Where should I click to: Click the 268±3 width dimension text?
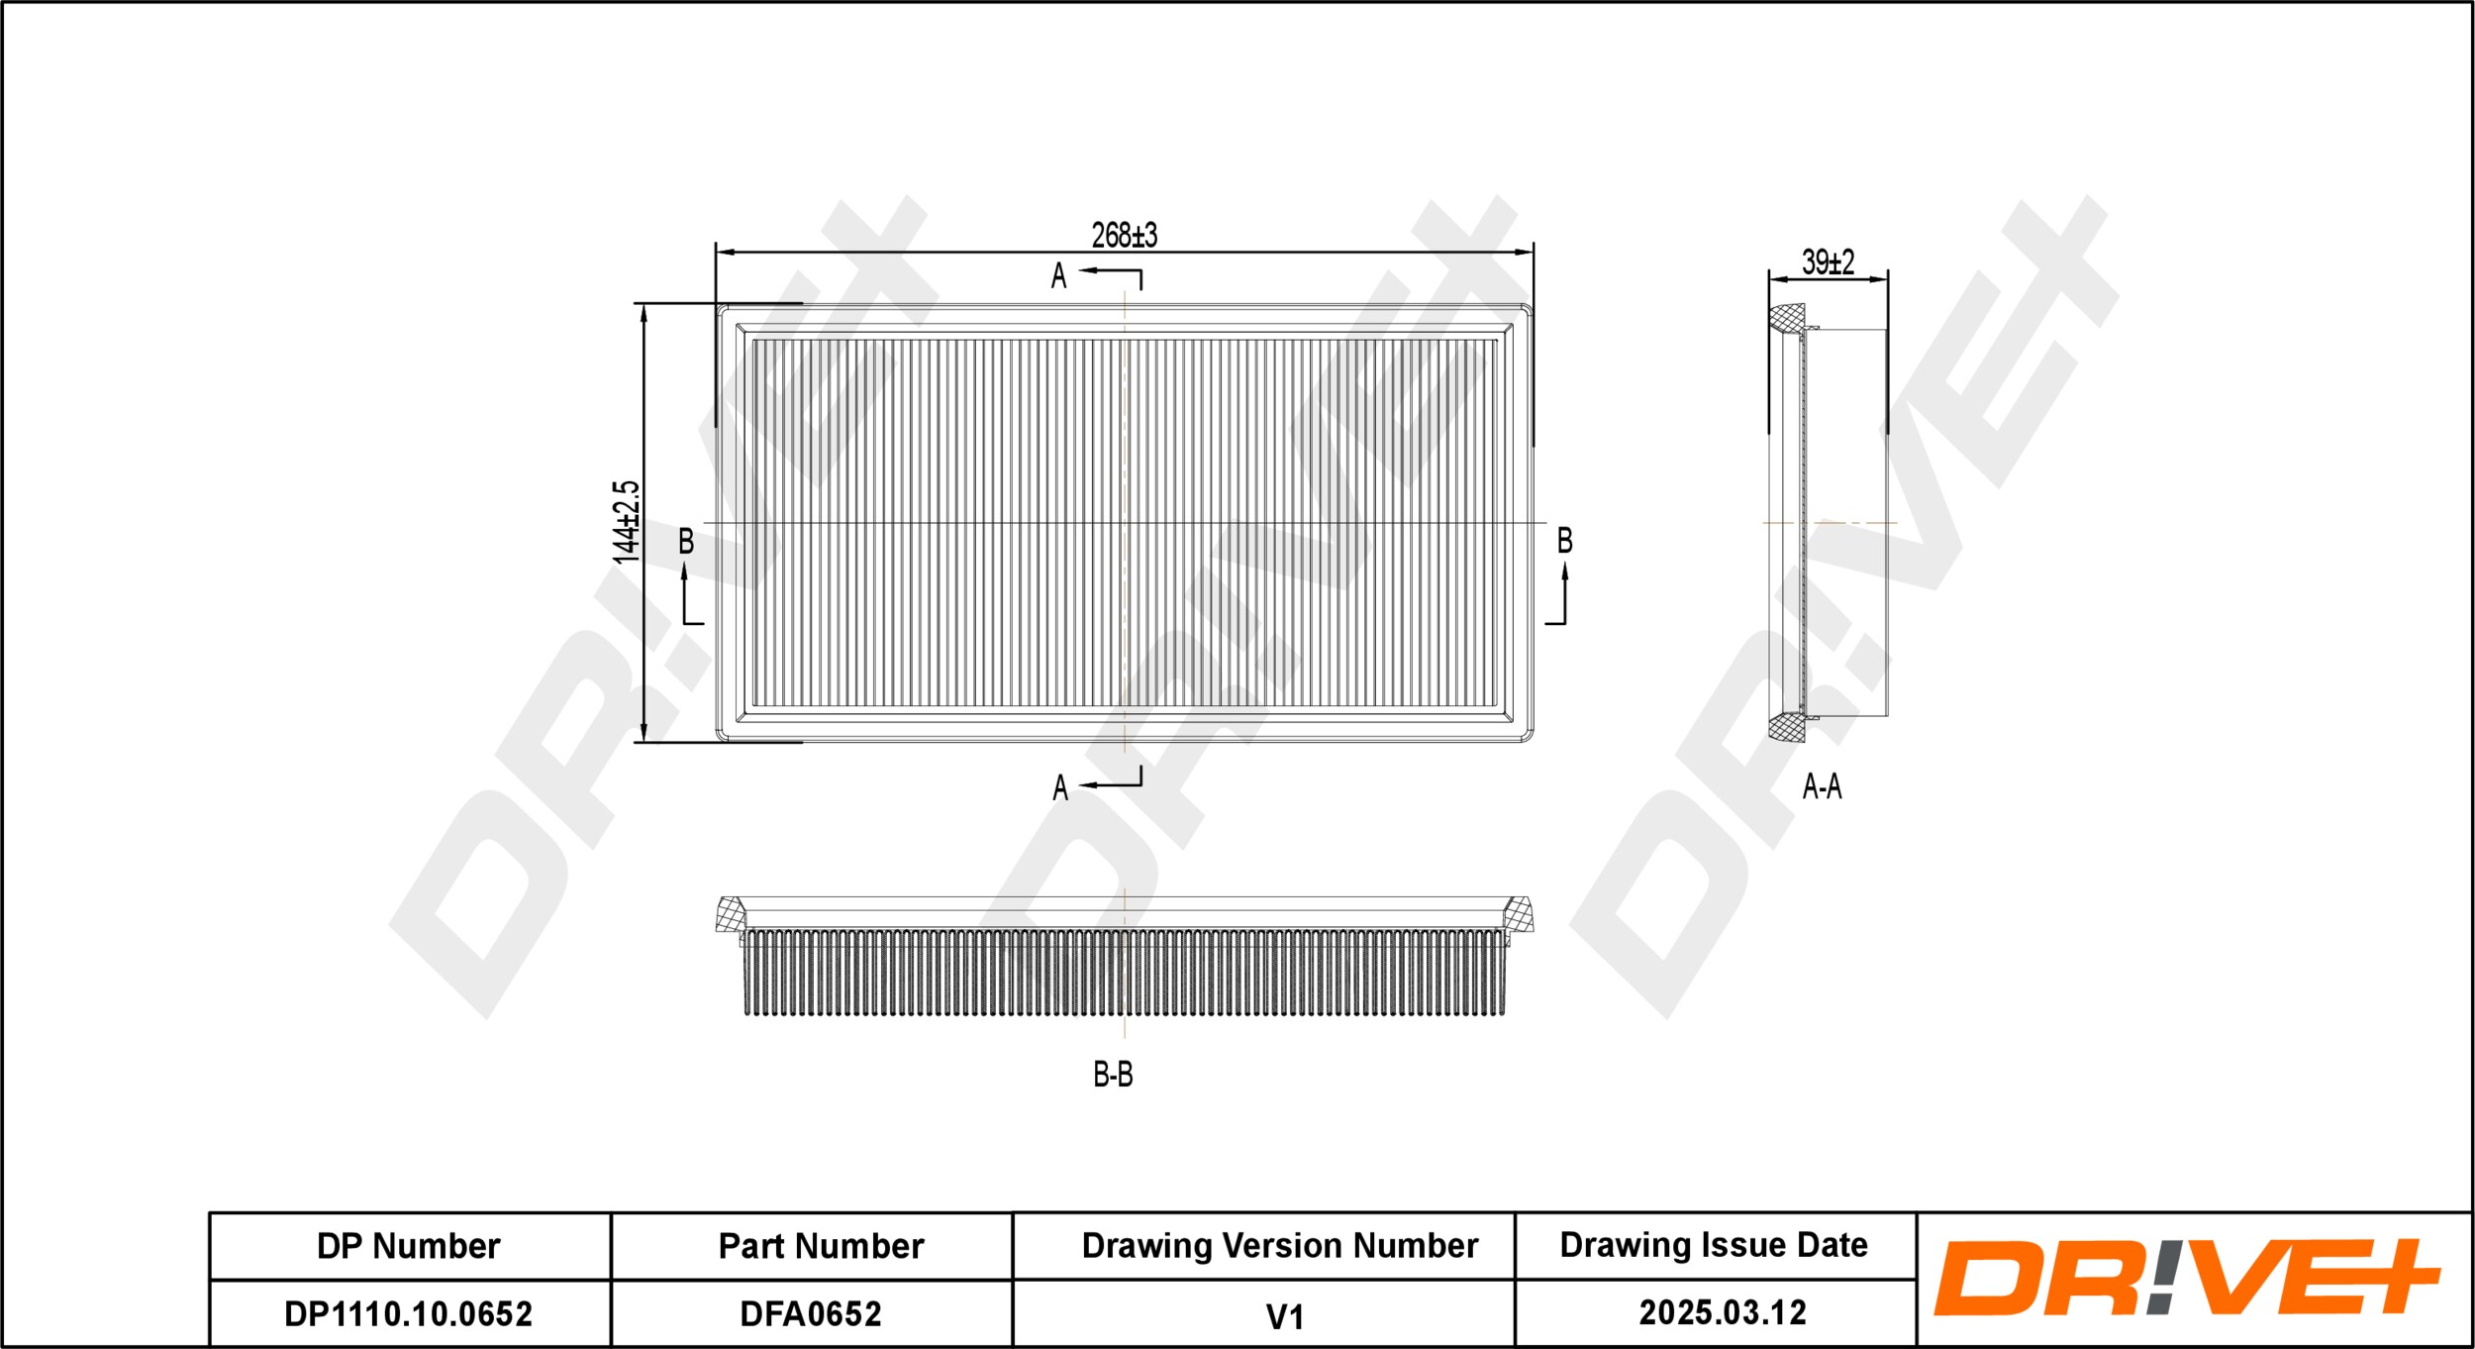pyautogui.click(x=1124, y=236)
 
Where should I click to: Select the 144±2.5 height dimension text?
pyautogui.click(x=627, y=523)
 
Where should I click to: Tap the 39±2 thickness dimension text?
pyautogui.click(x=1828, y=262)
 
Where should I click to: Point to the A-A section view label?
pyautogui.click(x=1822, y=786)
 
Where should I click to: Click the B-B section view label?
pyautogui.click(x=1113, y=1075)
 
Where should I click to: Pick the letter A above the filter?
pyautogui.click(x=1058, y=276)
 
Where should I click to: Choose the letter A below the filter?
pyautogui.click(x=1059, y=788)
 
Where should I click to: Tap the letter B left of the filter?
pyautogui.click(x=685, y=542)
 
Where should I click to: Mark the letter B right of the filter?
pyautogui.click(x=1564, y=541)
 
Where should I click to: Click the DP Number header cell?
pyautogui.click(x=409, y=1246)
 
